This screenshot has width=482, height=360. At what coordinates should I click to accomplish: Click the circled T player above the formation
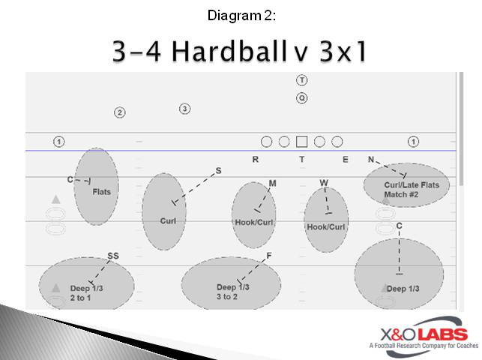point(301,80)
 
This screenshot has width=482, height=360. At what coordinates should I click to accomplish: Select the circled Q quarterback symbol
point(301,97)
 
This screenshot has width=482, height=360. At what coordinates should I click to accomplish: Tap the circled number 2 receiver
point(119,112)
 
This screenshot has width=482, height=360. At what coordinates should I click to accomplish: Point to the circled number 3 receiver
point(184,109)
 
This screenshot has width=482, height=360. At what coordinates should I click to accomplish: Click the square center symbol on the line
point(301,141)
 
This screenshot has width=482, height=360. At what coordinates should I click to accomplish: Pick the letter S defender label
point(218,171)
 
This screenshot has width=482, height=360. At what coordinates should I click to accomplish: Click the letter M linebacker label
point(272,183)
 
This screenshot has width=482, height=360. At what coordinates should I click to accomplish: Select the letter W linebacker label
point(324,183)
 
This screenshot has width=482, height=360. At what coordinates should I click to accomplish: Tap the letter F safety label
point(268,256)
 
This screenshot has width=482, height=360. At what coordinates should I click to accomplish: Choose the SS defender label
point(112,256)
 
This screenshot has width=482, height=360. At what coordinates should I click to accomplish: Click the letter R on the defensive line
point(255,159)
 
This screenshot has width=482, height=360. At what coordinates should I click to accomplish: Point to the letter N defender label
point(370,159)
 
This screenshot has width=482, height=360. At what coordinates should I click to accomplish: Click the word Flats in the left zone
point(101,192)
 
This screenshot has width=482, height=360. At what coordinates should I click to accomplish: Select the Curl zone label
point(168,220)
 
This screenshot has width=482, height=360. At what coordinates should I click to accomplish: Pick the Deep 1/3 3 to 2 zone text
point(232,292)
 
